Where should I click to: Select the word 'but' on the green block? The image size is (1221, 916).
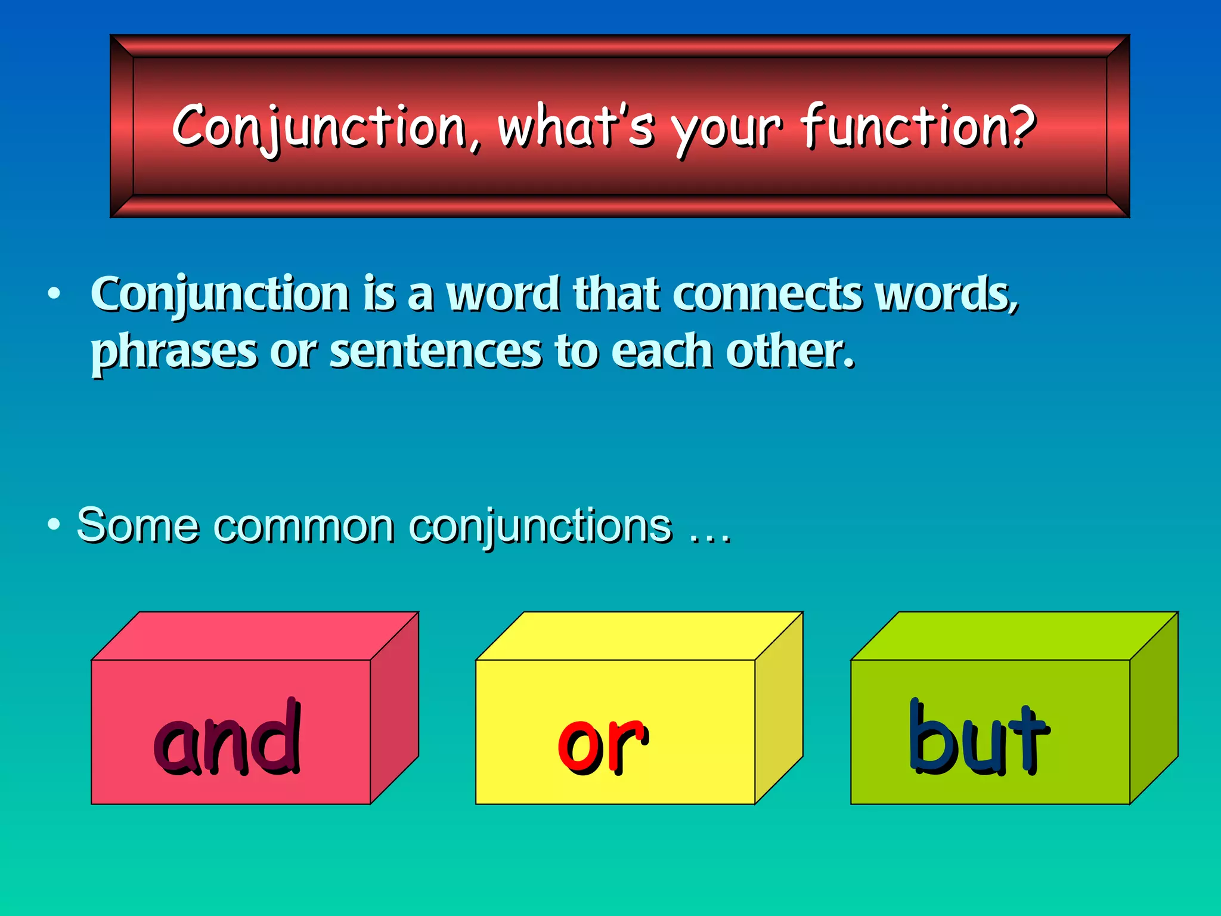click(978, 739)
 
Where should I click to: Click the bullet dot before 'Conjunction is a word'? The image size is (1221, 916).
click(54, 293)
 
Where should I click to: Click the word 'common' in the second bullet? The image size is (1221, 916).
click(304, 526)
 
